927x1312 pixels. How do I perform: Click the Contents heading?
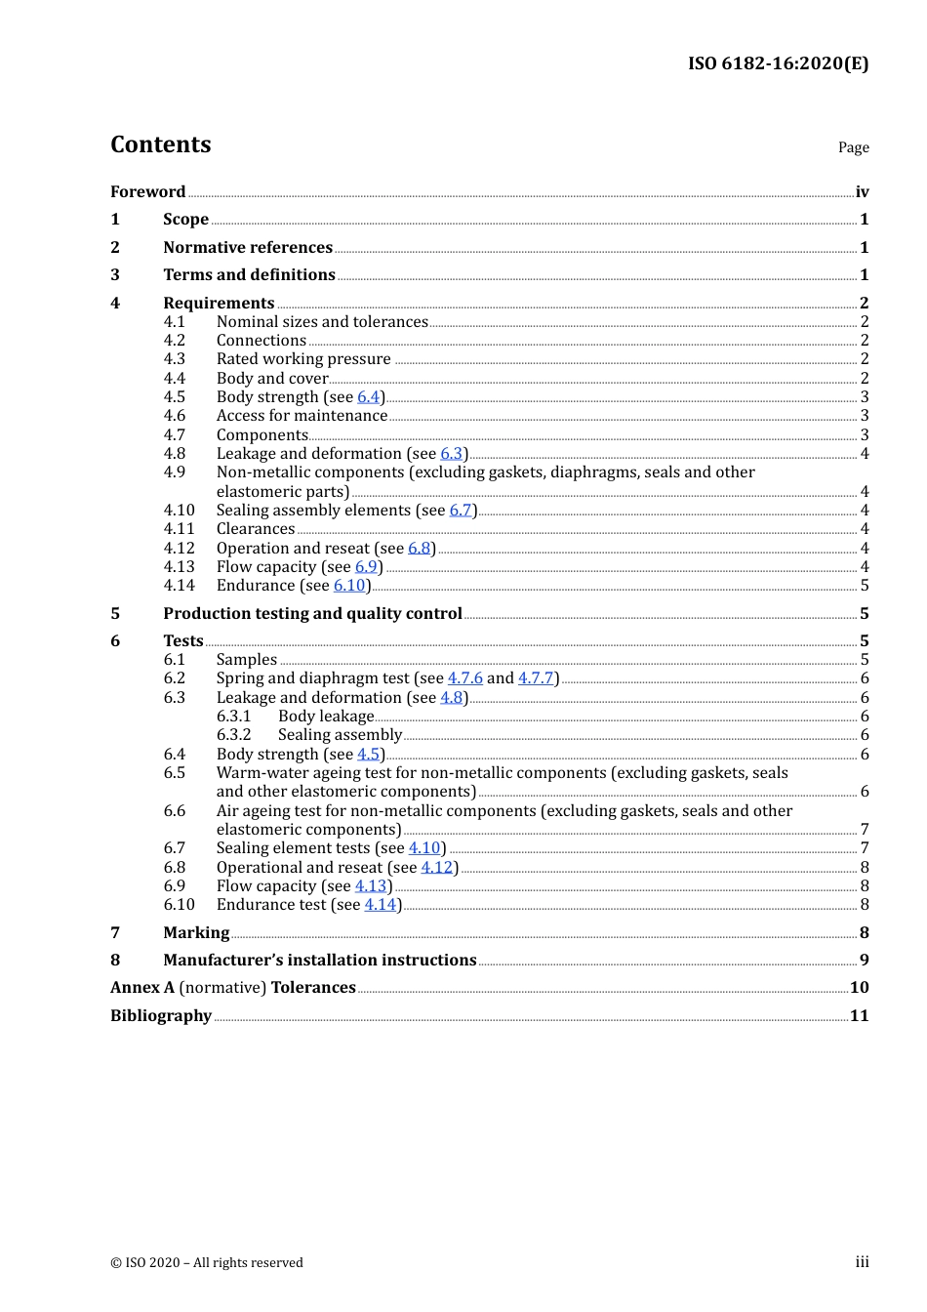[x=160, y=144]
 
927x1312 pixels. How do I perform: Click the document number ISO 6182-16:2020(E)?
[x=778, y=63]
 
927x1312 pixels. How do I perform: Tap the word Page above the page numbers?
[x=853, y=147]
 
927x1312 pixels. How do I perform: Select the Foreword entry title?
[x=147, y=191]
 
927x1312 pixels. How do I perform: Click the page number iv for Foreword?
[x=862, y=191]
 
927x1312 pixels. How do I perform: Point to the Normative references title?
[x=248, y=247]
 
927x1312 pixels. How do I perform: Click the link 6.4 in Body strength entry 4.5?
[x=368, y=396]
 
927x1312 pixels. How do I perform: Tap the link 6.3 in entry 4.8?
[x=451, y=453]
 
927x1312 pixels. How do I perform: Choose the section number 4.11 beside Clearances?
[x=179, y=528]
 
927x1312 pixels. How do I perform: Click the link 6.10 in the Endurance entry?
[x=349, y=585]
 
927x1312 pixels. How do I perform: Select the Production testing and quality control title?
[x=312, y=613]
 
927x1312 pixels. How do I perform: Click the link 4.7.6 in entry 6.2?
[x=464, y=677]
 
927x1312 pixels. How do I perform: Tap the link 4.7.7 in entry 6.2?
[x=536, y=677]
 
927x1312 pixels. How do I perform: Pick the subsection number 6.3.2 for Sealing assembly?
[x=233, y=734]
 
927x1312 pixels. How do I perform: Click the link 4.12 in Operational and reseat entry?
[x=437, y=867]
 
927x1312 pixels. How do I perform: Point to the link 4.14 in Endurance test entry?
[x=381, y=904]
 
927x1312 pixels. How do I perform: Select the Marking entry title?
[x=196, y=932]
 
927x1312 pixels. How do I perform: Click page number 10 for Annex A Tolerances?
[x=859, y=987]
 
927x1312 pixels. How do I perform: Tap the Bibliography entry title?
[x=161, y=1015]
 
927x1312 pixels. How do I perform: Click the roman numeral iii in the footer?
[x=862, y=1261]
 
